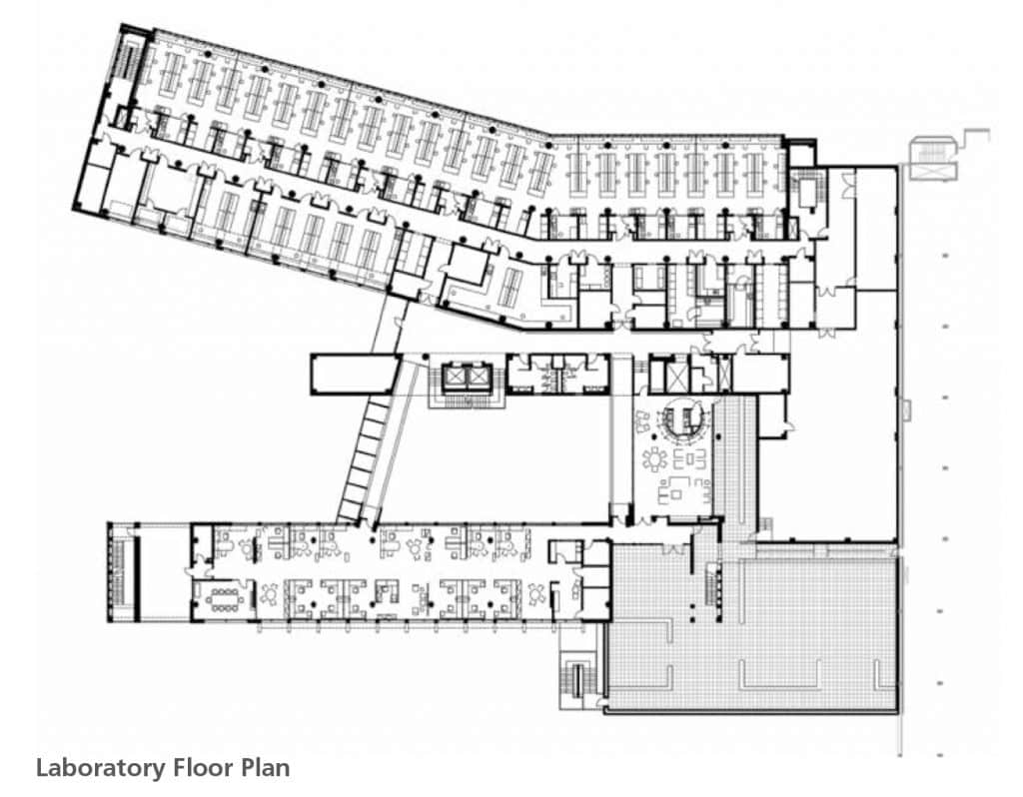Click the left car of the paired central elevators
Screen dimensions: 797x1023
point(456,377)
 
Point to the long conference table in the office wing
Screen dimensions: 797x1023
point(228,596)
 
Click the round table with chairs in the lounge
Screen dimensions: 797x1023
point(655,459)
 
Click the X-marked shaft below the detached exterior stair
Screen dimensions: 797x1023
point(934,171)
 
